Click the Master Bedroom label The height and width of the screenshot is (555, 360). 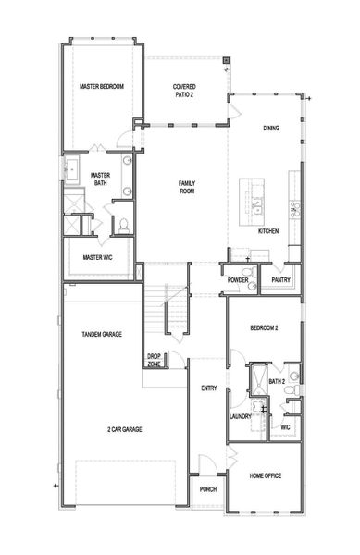click(x=101, y=87)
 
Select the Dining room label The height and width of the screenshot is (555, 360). click(x=271, y=129)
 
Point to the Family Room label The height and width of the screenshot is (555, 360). click(x=187, y=187)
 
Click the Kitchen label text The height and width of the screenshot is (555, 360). click(x=268, y=230)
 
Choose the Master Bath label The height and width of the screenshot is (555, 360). click(x=101, y=179)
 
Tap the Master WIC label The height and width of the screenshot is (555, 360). click(x=97, y=257)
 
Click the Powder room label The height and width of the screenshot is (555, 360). click(x=238, y=279)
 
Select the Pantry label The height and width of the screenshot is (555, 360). click(x=280, y=279)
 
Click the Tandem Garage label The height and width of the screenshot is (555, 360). click(x=102, y=334)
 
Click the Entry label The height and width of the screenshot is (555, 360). click(x=208, y=388)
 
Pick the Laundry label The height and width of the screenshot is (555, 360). click(x=241, y=416)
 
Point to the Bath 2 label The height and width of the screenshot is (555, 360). click(x=276, y=381)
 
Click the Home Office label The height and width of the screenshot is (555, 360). click(x=266, y=475)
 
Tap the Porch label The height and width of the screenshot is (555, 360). click(x=207, y=489)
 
